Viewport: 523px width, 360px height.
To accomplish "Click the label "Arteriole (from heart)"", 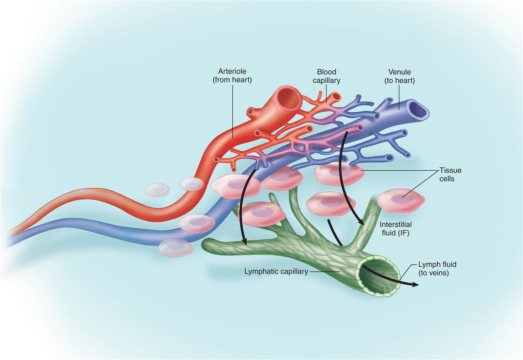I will [232, 76].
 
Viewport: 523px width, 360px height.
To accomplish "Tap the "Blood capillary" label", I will [327, 76].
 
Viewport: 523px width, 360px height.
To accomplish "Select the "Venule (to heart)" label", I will [399, 76].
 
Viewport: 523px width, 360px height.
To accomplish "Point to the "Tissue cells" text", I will [450, 175].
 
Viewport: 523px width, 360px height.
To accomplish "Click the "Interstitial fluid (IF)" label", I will [396, 228].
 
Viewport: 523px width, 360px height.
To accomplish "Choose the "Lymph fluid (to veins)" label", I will [434, 268].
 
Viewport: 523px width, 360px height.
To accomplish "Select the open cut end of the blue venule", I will [417, 108].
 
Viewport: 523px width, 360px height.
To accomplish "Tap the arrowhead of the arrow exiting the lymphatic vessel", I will [416, 284].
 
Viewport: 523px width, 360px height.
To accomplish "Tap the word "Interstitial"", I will [396, 224].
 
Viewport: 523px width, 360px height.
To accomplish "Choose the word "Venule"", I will [399, 72].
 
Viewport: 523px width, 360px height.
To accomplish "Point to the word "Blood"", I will [327, 72].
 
